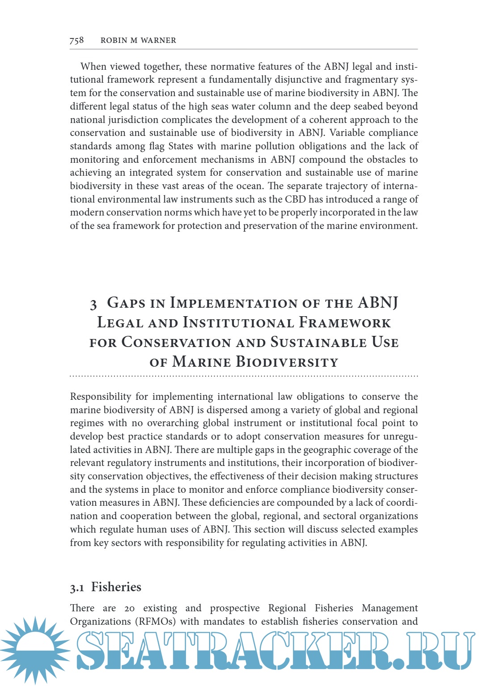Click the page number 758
click(x=76, y=40)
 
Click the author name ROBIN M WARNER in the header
click(x=138, y=40)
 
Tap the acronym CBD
click(x=295, y=199)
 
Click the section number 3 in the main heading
click(x=93, y=305)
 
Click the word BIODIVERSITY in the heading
click(x=287, y=362)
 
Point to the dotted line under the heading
click(x=244, y=376)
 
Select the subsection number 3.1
click(x=77, y=588)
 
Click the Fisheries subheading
click(x=116, y=587)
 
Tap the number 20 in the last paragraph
click(x=129, y=609)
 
